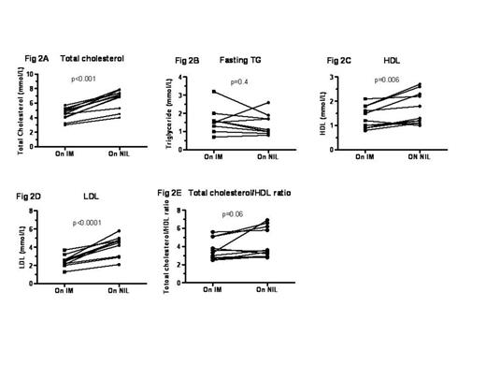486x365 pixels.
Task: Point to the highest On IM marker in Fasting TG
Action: [214, 92]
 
